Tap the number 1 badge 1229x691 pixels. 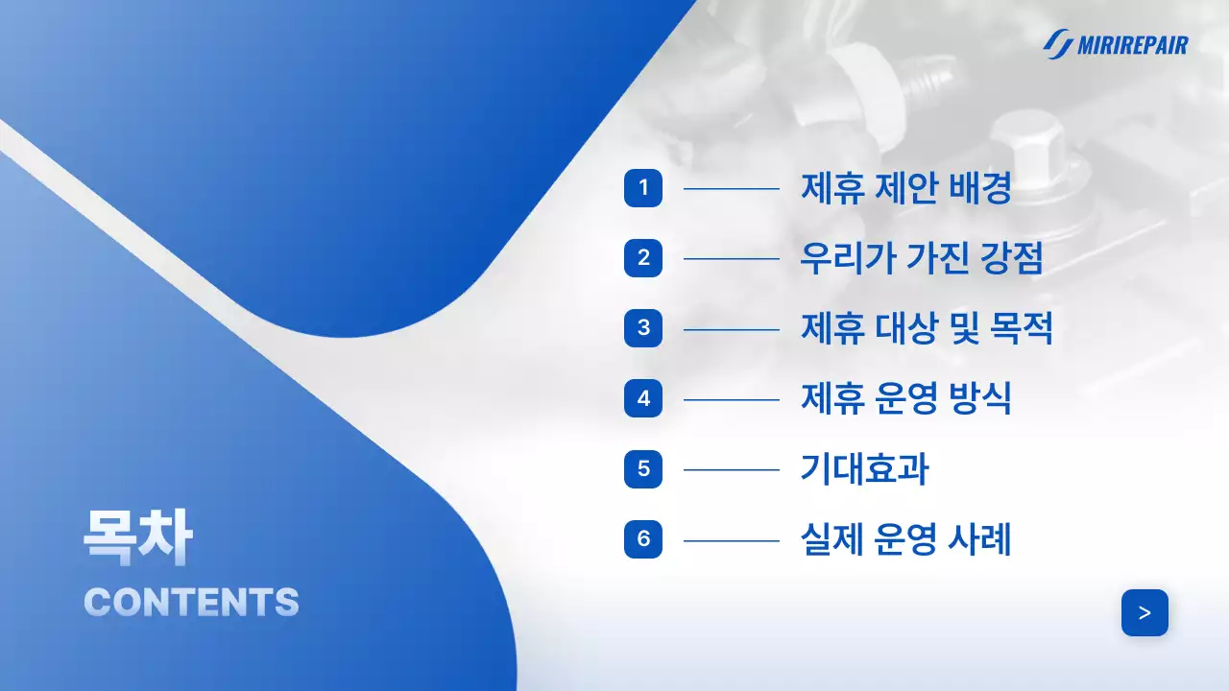(x=643, y=188)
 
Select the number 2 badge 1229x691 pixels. (x=643, y=258)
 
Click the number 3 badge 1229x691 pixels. (x=643, y=328)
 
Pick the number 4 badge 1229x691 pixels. (x=643, y=398)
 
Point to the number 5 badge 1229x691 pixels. (x=643, y=469)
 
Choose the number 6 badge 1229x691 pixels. (x=643, y=539)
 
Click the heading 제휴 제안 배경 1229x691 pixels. (x=905, y=188)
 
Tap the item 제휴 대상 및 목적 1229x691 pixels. (x=927, y=329)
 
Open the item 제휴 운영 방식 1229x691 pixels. (x=905, y=399)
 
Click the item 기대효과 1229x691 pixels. (x=864, y=469)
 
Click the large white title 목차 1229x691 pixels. (x=137, y=538)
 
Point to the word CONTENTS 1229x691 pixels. (x=191, y=602)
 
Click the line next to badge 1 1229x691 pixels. (x=731, y=189)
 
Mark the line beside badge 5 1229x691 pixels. (x=731, y=470)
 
